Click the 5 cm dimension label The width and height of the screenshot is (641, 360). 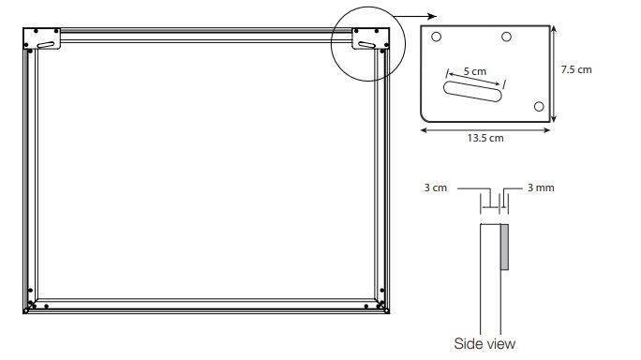(475, 71)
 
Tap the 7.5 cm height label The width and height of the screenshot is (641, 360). (576, 69)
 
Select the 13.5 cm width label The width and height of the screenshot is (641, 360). (485, 138)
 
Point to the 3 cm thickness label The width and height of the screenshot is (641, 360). (436, 187)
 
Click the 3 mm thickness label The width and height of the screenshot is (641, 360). (541, 187)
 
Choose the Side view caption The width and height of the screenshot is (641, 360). (484, 344)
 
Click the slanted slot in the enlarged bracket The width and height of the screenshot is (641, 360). (472, 91)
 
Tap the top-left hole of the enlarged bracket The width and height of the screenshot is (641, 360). (436, 37)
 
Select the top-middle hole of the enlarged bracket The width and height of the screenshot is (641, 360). (506, 37)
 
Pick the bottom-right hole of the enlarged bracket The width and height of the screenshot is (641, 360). (539, 106)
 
